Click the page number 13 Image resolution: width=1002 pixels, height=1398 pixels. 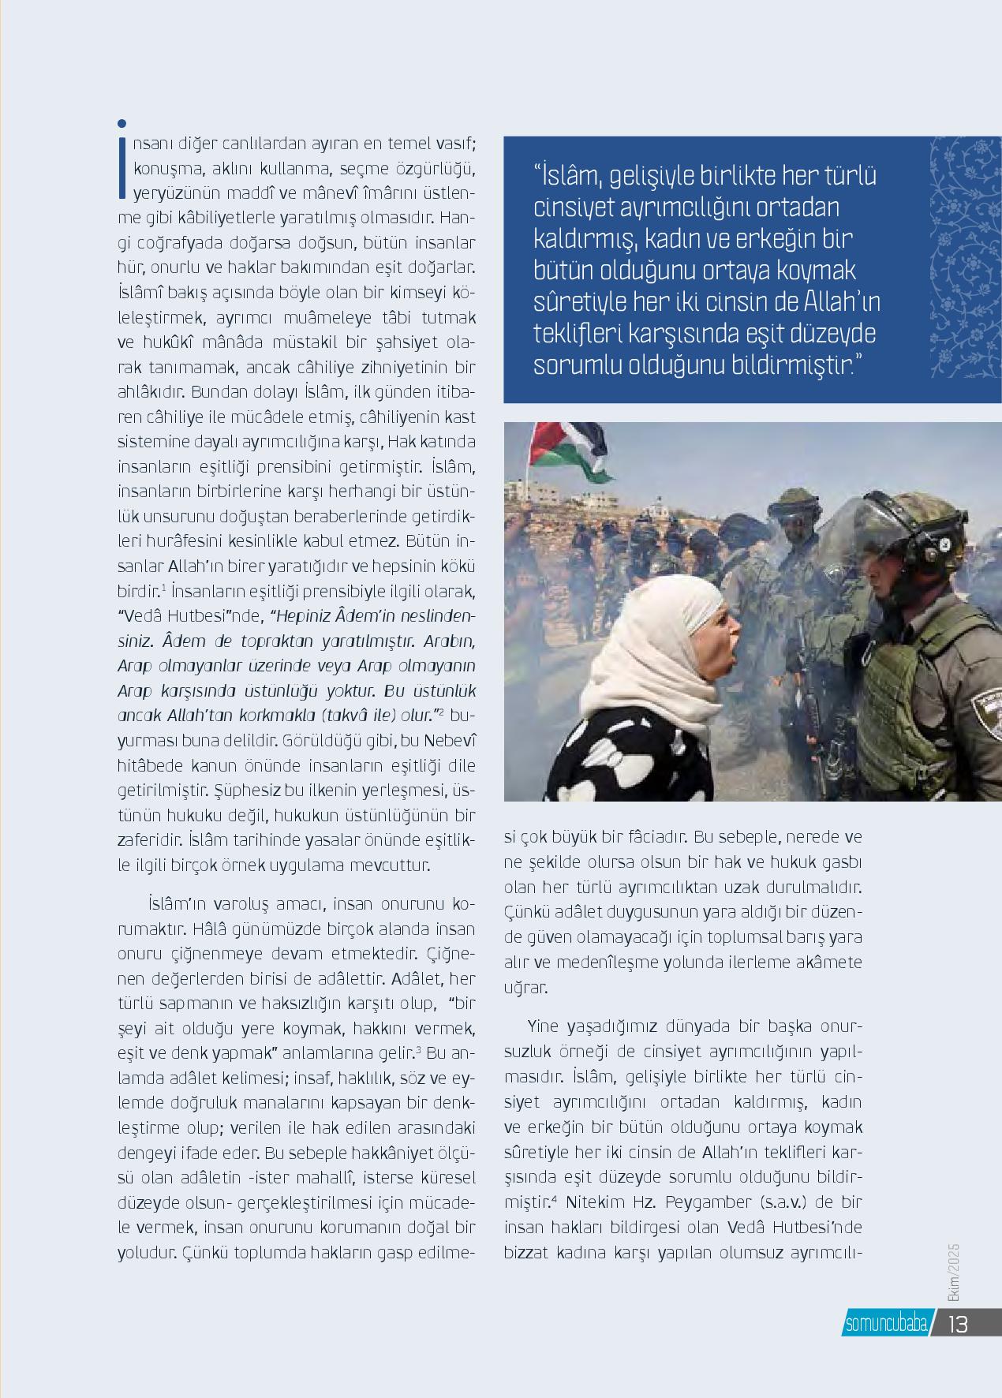(x=957, y=1323)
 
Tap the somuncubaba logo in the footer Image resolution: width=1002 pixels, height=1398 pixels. (x=885, y=1323)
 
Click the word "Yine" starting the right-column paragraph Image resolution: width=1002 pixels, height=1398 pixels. (x=544, y=1027)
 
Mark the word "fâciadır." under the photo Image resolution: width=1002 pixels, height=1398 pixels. (x=656, y=836)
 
